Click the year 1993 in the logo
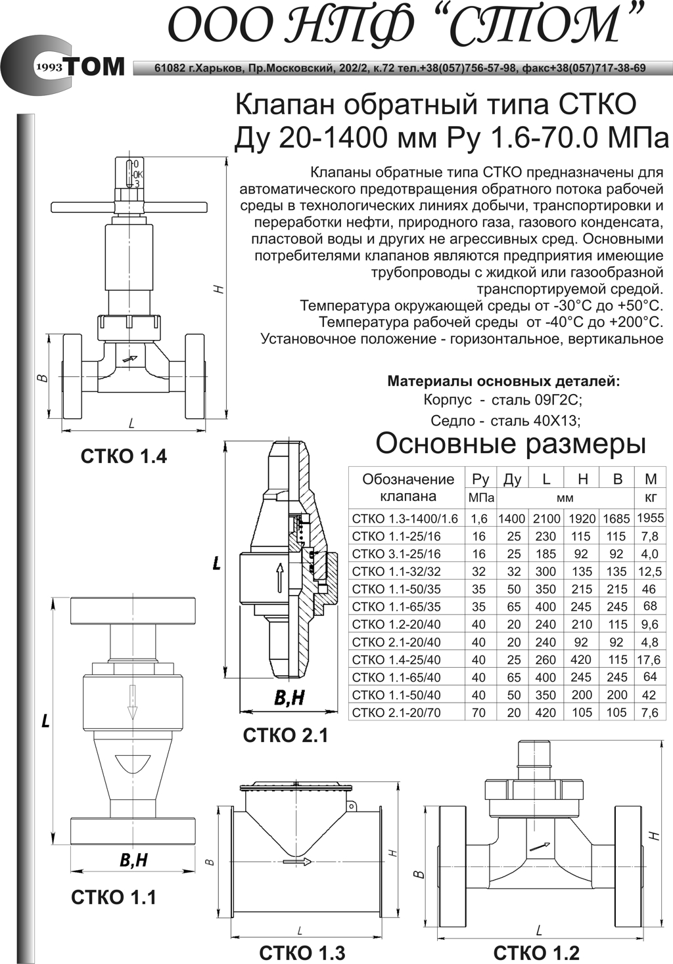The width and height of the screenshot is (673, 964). pyautogui.click(x=49, y=68)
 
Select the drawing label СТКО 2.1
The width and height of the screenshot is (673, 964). pyautogui.click(x=285, y=735)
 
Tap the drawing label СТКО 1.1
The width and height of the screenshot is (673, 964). pyautogui.click(x=114, y=897)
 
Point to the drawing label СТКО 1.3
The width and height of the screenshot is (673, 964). pyautogui.click(x=302, y=952)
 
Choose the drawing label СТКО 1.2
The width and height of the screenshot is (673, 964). pyautogui.click(x=536, y=952)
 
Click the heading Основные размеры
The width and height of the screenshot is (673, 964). pyautogui.click(x=511, y=444)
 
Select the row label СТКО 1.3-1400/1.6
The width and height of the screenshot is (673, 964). pyautogui.click(x=405, y=519)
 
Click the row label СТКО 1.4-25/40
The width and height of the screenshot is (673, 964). pyautogui.click(x=396, y=660)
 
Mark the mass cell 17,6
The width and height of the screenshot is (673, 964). pyautogui.click(x=649, y=660)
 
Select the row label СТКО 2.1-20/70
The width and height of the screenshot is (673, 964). pyautogui.click(x=396, y=713)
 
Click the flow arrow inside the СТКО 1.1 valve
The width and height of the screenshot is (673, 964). pyautogui.click(x=133, y=701)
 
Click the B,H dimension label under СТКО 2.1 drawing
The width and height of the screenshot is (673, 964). pyautogui.click(x=289, y=697)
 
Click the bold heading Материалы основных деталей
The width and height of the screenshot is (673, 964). pyautogui.click(x=503, y=381)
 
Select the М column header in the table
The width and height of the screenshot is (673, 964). pyautogui.click(x=651, y=479)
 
